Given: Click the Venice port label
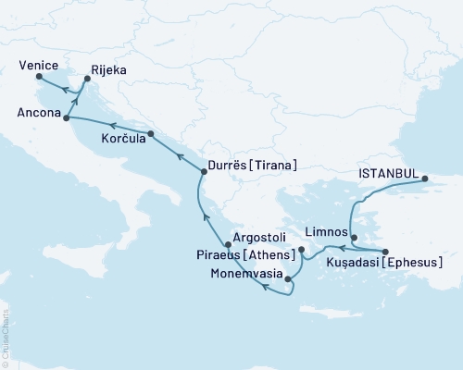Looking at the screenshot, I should coord(38,66).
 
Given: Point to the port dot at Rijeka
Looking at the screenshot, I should coord(87,80).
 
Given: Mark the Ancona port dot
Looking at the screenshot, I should coord(67,117).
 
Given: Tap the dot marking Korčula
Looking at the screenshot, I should coord(151,135).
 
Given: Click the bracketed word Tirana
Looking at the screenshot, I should coord(275,166).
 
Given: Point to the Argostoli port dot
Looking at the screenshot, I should coord(229,245).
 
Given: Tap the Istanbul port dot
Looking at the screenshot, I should coord(424,179).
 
